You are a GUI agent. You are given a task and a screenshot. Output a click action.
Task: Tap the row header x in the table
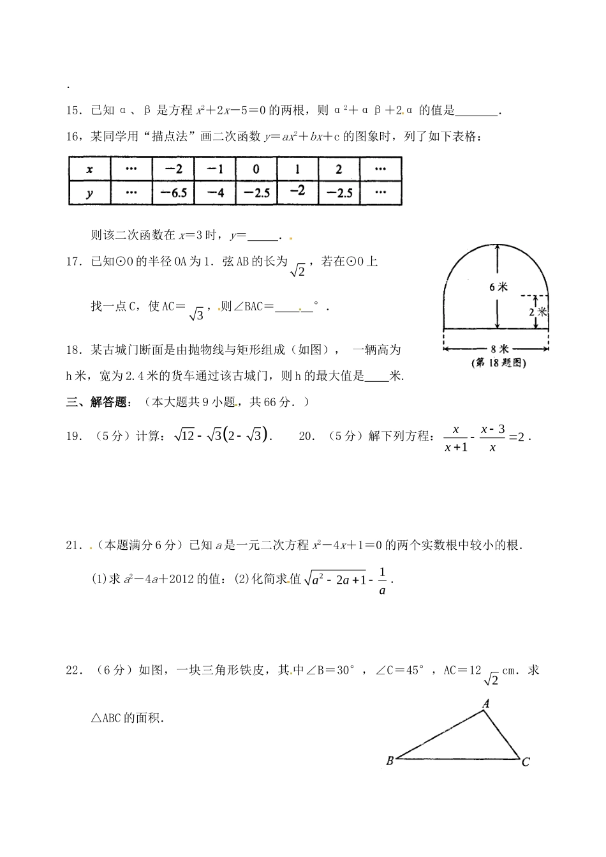89,169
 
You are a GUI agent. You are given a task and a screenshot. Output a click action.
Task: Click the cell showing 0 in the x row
256,169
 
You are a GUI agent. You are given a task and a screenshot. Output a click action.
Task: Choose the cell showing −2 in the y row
297,191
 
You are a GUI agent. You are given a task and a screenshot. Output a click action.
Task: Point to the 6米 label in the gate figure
499,287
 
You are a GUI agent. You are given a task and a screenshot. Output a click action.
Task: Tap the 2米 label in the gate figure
538,312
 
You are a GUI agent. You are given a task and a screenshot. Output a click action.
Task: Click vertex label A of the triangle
485,704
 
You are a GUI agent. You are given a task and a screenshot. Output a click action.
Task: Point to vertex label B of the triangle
390,761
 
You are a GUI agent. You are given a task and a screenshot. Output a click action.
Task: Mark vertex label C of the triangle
526,762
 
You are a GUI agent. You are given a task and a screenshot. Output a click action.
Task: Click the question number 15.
74,110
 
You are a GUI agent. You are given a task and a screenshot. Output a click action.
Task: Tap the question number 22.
74,670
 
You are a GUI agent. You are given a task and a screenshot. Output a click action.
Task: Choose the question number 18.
74,350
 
